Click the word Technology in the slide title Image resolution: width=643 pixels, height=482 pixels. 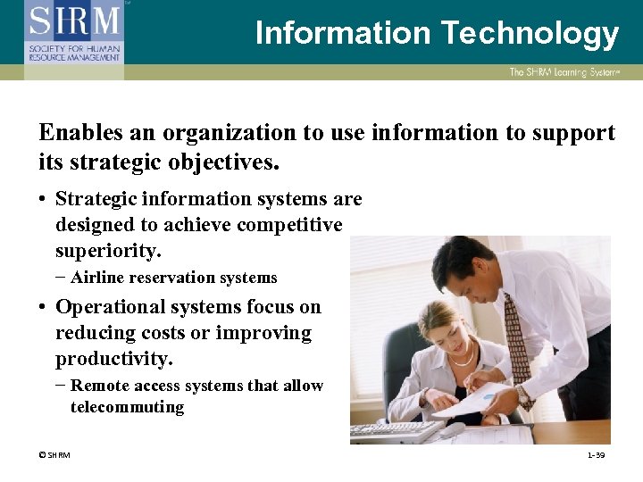point(529,33)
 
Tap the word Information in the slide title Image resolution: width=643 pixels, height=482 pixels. point(342,33)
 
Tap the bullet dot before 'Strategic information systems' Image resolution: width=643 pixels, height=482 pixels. point(43,200)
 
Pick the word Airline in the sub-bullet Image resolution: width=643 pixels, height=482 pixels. point(98,278)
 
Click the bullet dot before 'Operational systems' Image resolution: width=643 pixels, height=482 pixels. point(43,308)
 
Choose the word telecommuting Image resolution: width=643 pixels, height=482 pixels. point(127,408)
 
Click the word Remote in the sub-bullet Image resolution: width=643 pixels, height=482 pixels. point(98,386)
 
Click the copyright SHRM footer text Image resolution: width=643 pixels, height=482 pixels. point(54,455)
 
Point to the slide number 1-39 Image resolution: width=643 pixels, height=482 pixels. point(596,455)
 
